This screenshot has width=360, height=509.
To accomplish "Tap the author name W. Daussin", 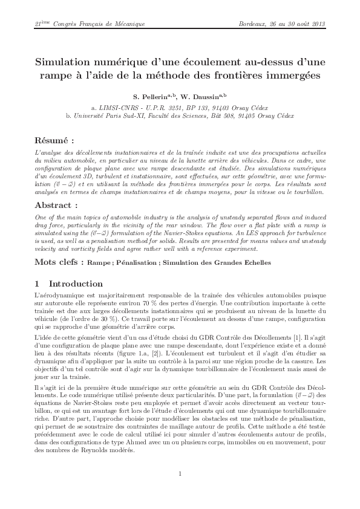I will pyautogui.click(x=204, y=96).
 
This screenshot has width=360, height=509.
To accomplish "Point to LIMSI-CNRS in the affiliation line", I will pyautogui.click(x=120, y=105).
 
